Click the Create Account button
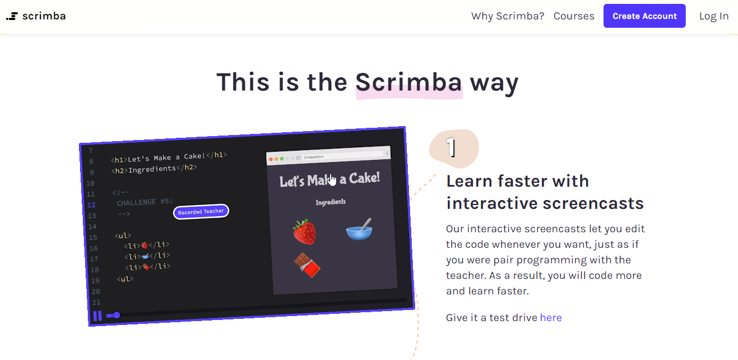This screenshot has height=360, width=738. [645, 16]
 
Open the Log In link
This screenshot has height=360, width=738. [714, 16]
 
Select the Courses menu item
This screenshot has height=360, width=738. [574, 16]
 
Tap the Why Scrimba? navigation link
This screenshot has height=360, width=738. [508, 16]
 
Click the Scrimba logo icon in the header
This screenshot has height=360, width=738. [12, 16]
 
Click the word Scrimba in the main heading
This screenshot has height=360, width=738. [408, 82]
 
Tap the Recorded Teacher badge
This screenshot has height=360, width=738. [201, 212]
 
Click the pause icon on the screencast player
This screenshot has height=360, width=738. [97, 316]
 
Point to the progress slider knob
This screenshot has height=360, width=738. [117, 315]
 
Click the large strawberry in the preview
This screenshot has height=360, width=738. [305, 232]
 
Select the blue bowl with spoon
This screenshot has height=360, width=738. [359, 229]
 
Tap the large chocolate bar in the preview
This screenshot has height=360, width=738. [307, 265]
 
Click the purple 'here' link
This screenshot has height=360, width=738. [551, 318]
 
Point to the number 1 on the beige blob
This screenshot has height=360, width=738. [451, 147]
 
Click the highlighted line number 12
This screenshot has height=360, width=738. [91, 205]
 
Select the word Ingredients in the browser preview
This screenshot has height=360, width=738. [331, 202]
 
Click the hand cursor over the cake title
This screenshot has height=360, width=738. [332, 180]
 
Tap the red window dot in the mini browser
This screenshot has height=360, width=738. [271, 159]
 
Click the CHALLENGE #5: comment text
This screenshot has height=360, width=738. [145, 202]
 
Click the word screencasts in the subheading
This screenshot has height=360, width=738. [594, 203]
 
